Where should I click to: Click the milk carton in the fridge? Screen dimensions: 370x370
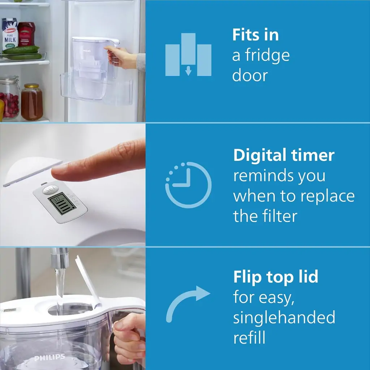point(10,34)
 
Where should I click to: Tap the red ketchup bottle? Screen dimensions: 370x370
point(27,34)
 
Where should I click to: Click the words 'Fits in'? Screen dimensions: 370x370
point(255,35)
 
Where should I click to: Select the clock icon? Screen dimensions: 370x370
point(188,185)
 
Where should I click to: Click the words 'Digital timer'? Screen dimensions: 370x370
point(284,155)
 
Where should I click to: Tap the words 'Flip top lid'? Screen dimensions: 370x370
point(275,277)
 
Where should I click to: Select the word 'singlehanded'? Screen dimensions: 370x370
point(284,318)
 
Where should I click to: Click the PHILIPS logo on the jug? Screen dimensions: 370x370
point(50,358)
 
